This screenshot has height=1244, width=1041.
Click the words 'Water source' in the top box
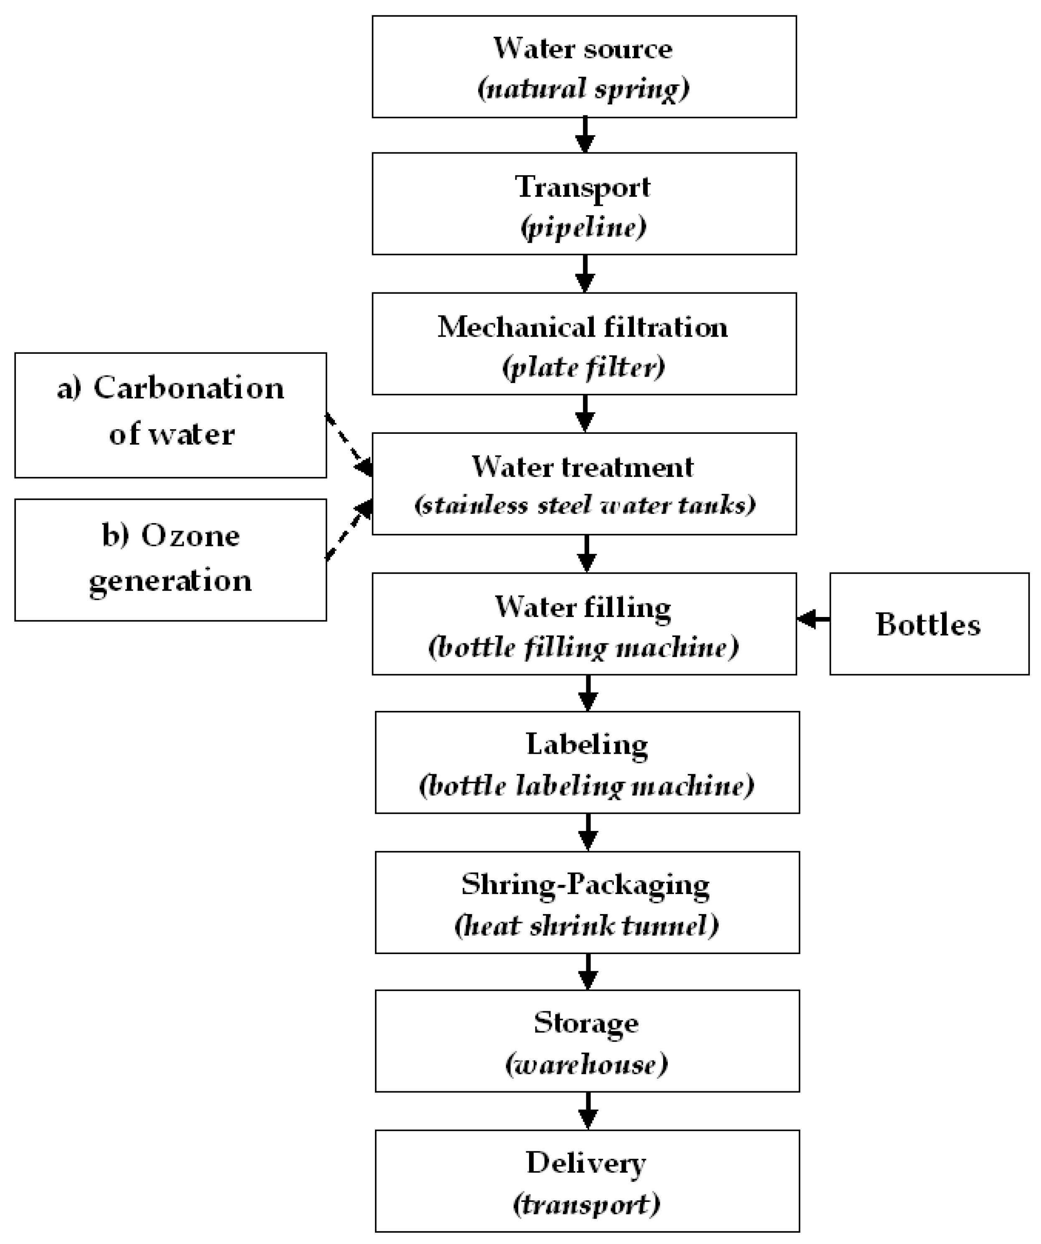583,48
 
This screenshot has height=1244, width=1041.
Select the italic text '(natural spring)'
583,89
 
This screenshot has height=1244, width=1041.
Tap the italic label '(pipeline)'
583,227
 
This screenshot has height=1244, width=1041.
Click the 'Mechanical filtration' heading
583,327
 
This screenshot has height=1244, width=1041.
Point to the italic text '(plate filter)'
583,367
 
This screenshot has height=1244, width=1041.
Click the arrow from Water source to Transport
585,135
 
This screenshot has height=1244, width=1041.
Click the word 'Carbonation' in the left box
188,389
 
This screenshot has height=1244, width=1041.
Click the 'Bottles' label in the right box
928,625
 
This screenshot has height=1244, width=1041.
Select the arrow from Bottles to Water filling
813,619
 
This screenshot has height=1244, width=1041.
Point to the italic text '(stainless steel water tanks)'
585,505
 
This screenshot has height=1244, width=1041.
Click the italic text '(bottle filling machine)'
583,647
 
